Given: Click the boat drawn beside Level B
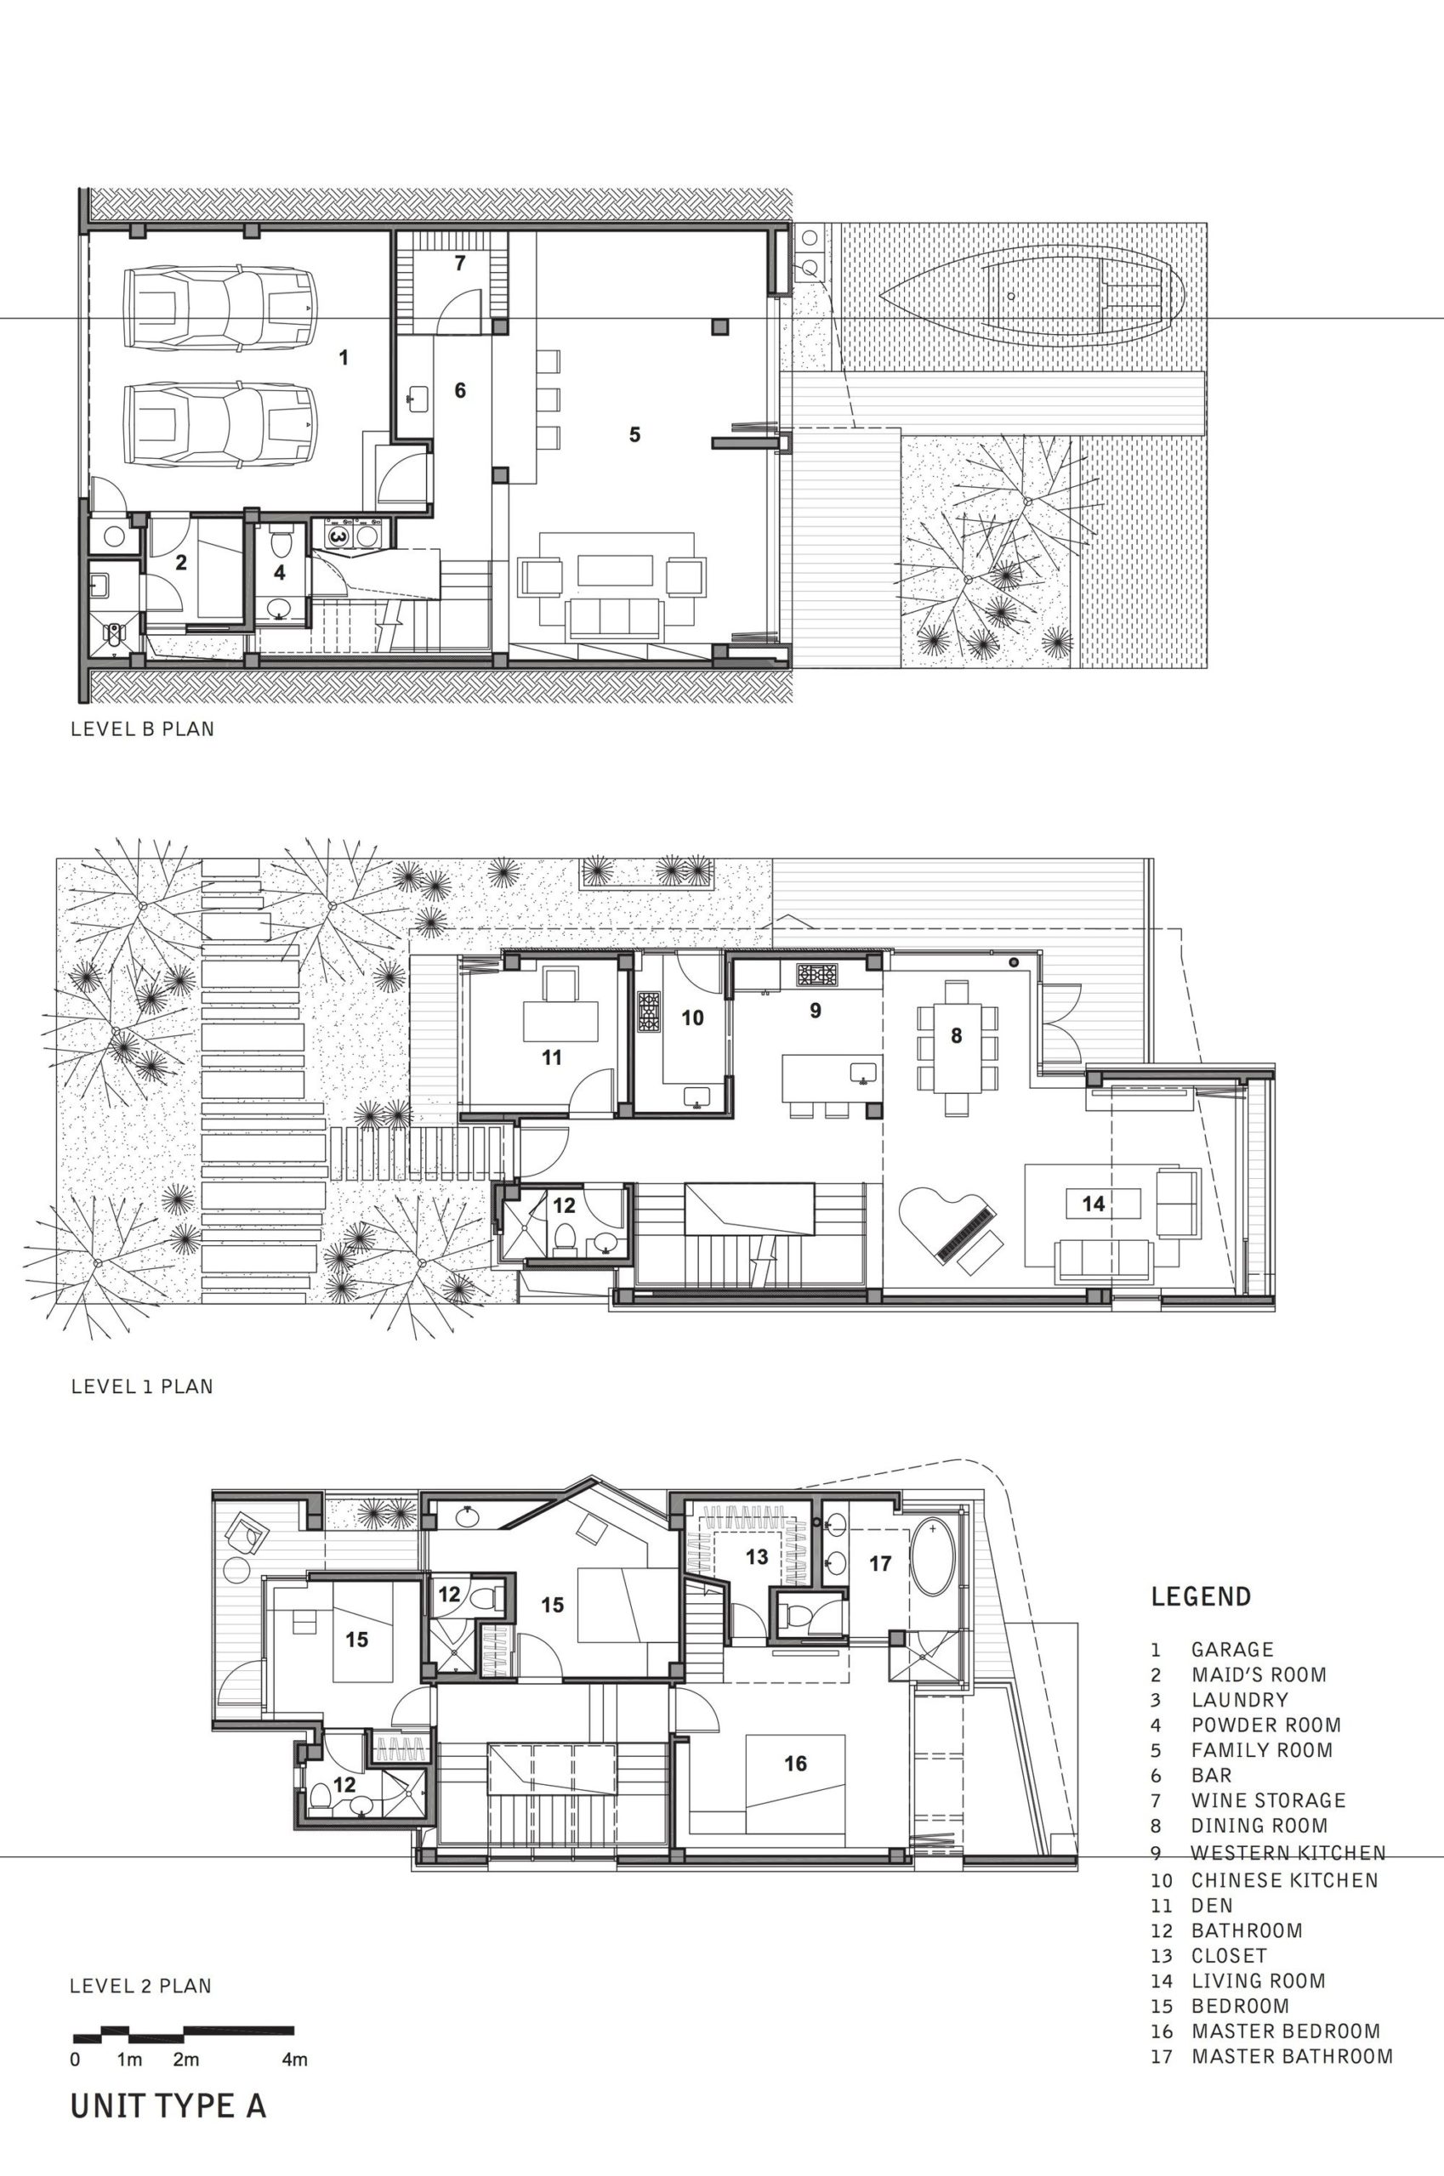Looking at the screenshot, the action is click(x=1032, y=297).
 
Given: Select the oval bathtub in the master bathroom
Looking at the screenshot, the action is click(x=935, y=1555).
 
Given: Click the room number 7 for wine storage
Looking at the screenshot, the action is click(x=459, y=263).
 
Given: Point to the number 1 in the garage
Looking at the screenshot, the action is click(x=344, y=357).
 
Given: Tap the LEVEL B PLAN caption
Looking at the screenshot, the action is click(x=143, y=729).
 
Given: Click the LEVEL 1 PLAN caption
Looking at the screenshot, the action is click(x=142, y=1386).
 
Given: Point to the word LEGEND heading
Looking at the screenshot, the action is click(x=1201, y=1596).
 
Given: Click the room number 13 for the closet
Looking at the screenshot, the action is click(x=757, y=1556).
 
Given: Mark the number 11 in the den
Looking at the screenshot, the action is click(x=552, y=1057).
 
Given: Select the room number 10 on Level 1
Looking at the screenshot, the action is click(x=692, y=1017).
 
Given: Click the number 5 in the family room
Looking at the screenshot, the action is click(x=634, y=434).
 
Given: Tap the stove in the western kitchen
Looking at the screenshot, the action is click(x=817, y=974).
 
